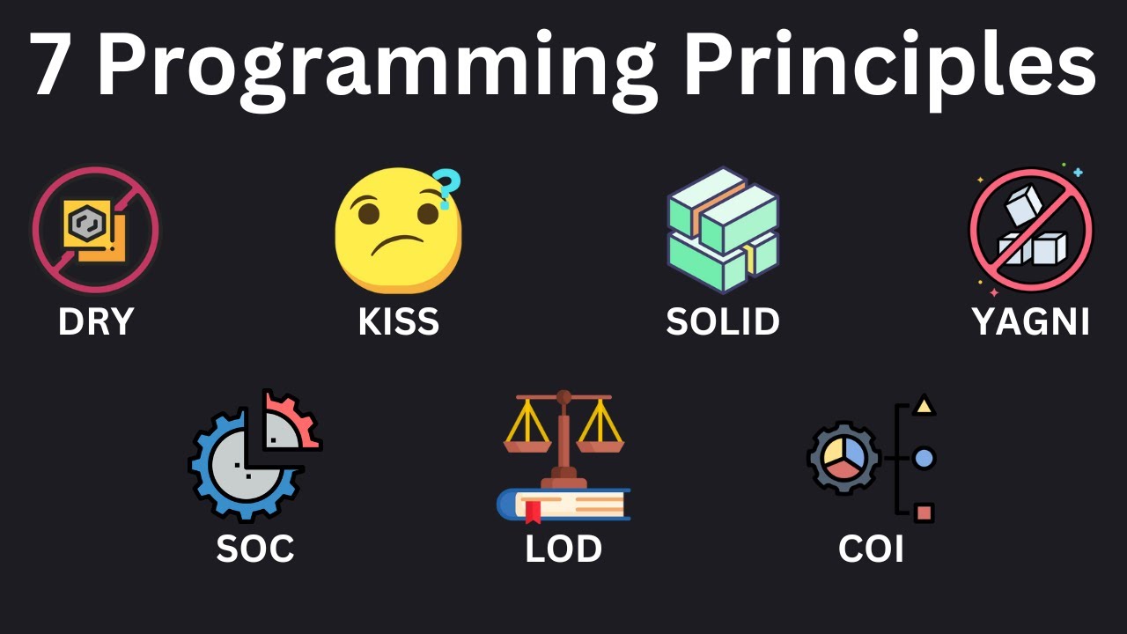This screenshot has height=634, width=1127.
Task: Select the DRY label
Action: click(96, 322)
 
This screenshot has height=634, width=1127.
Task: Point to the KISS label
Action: click(399, 322)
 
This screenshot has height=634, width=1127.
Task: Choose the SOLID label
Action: click(723, 322)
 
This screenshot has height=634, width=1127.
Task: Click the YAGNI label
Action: click(1031, 322)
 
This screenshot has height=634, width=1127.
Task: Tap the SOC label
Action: click(255, 549)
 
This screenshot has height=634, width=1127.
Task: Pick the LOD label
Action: click(563, 549)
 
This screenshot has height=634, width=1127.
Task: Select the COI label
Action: click(871, 549)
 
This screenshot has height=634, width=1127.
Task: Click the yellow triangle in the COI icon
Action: click(924, 405)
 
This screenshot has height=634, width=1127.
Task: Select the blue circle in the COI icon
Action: click(924, 458)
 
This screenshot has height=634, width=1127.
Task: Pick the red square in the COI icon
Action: click(924, 512)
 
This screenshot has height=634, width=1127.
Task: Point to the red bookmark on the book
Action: click(533, 512)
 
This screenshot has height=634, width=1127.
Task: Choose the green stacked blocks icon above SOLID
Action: click(723, 229)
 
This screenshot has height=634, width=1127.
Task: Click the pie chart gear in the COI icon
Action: click(843, 458)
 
